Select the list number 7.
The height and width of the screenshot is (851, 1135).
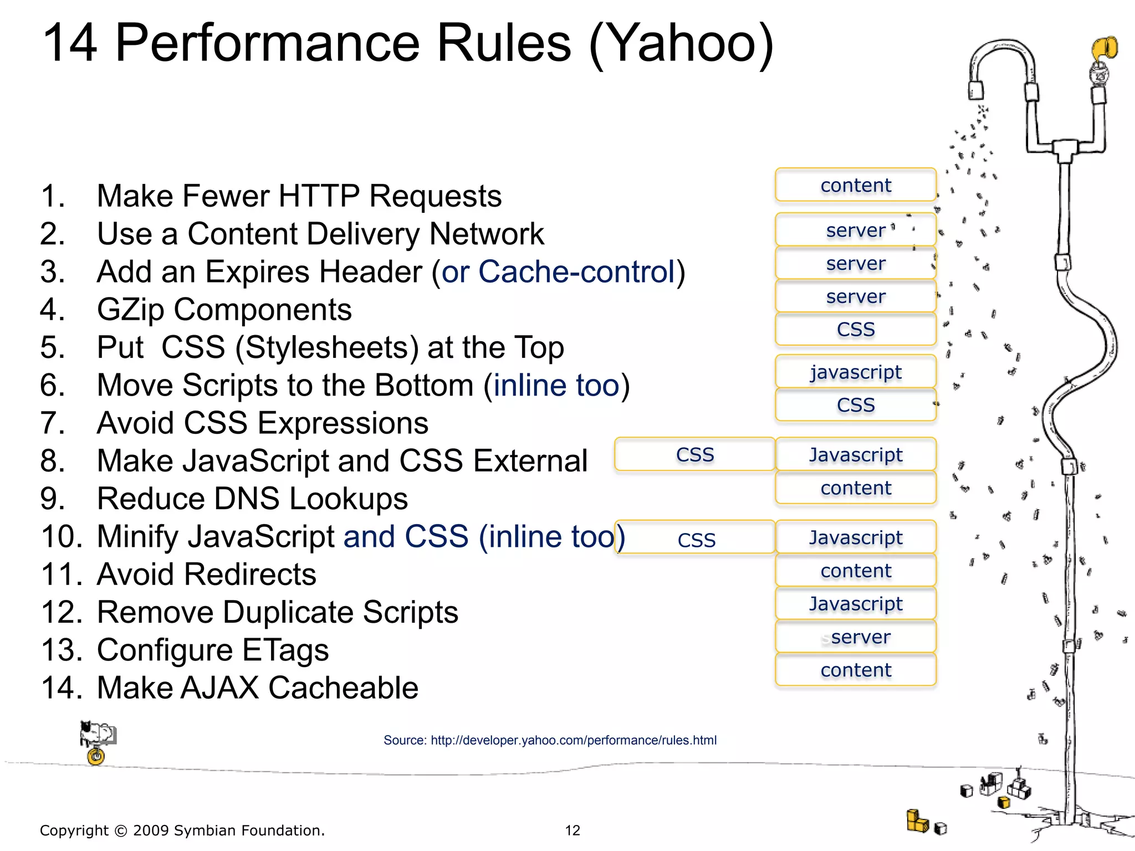[52, 423]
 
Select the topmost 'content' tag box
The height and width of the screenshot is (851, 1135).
[856, 185]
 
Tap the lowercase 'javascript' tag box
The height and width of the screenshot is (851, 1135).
[856, 372]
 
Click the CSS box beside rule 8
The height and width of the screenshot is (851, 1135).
[695, 454]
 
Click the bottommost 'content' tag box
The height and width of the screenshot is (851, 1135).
[856, 670]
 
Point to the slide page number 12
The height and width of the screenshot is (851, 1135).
[572, 830]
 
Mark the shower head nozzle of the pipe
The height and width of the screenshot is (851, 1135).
[976, 90]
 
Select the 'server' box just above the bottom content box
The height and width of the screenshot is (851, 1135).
[856, 637]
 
